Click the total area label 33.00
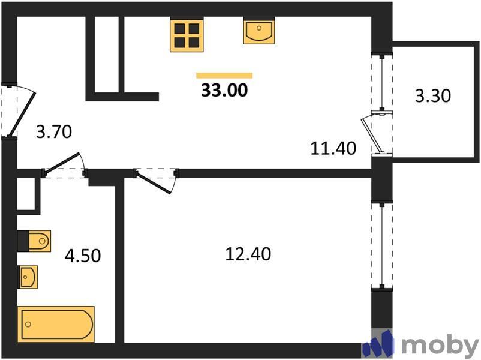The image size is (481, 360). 224,91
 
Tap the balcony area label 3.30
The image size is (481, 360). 433,95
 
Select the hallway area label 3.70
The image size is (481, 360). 54,131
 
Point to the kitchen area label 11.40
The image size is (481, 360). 333,148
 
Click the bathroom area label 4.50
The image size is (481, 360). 83,256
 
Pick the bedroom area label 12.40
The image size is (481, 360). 248,254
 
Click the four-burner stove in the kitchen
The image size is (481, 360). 187,35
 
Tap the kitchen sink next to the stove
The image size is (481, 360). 259,31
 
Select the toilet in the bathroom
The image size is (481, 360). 35,241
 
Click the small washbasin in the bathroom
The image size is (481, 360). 28,277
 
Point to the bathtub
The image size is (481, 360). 56,324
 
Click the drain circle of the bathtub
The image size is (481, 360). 28,325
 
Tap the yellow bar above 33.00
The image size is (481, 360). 224,76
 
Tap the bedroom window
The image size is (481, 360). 382,245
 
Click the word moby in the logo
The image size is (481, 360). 440,346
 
